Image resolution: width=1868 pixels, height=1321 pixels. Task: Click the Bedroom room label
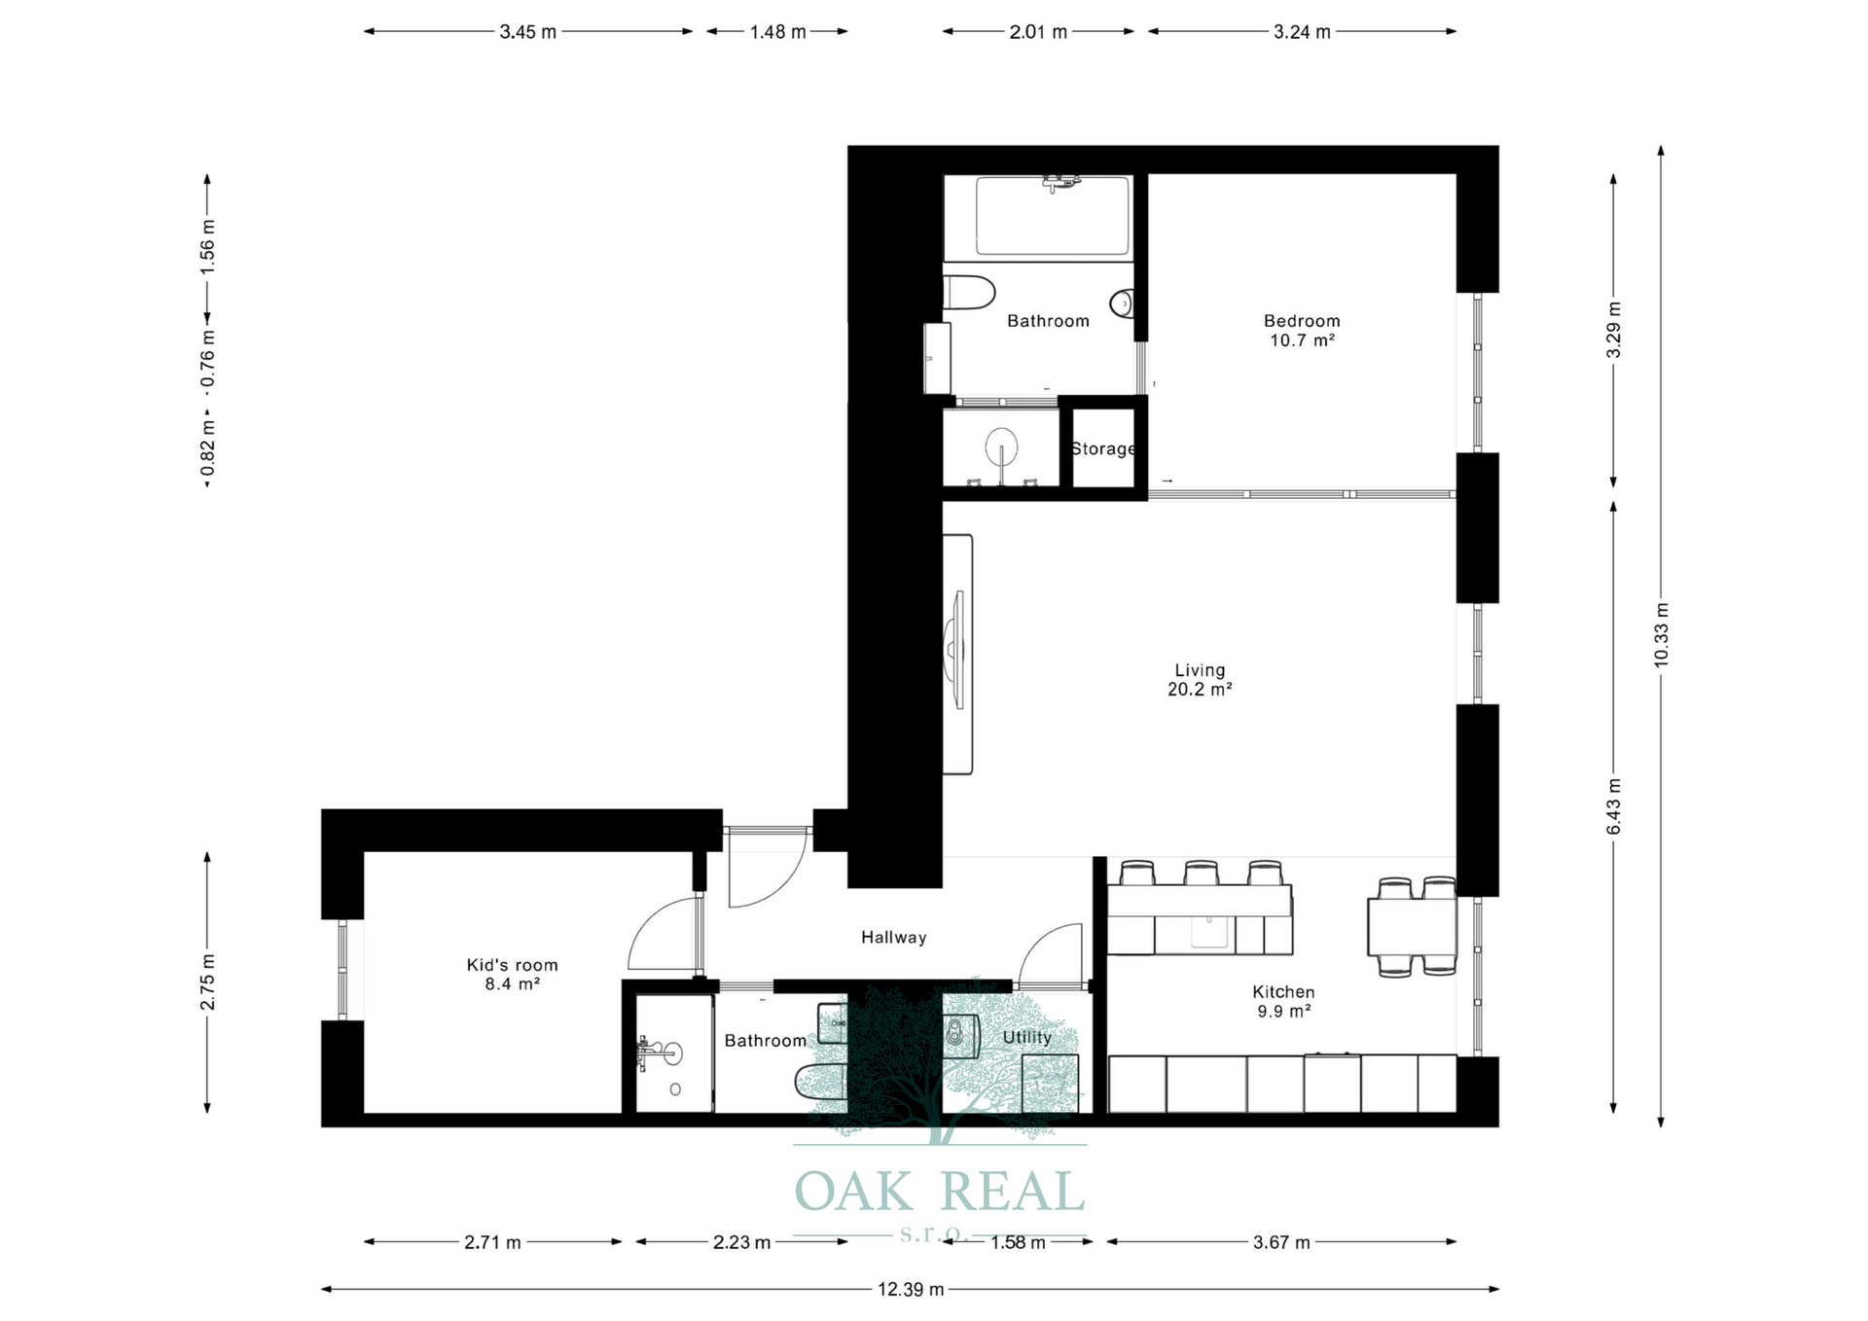pyautogui.click(x=1302, y=321)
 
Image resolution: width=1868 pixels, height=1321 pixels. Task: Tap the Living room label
pyautogui.click(x=1200, y=670)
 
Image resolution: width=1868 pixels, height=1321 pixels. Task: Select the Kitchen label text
pyautogui.click(x=1283, y=992)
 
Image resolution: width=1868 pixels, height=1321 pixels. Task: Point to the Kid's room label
pyautogui.click(x=512, y=965)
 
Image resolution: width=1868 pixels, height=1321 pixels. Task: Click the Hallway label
pyautogui.click(x=893, y=938)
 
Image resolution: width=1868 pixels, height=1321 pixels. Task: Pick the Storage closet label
pyautogui.click(x=1103, y=448)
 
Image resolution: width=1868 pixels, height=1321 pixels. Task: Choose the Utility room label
pyautogui.click(x=1027, y=1038)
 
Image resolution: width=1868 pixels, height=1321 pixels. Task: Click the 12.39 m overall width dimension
pyautogui.click(x=911, y=1290)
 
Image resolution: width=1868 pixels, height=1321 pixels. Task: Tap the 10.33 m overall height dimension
pyautogui.click(x=1661, y=634)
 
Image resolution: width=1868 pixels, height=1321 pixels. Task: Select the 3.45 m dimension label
pyautogui.click(x=528, y=32)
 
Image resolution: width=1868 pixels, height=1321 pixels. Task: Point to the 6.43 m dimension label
pyautogui.click(x=1613, y=806)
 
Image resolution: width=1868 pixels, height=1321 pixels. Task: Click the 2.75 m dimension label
pyautogui.click(x=207, y=982)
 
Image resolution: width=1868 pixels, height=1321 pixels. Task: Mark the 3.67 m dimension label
pyautogui.click(x=1281, y=1242)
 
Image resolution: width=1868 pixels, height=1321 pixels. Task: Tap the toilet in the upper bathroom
pyautogui.click(x=969, y=292)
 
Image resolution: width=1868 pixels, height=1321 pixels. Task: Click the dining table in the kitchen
pyautogui.click(x=1412, y=927)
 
